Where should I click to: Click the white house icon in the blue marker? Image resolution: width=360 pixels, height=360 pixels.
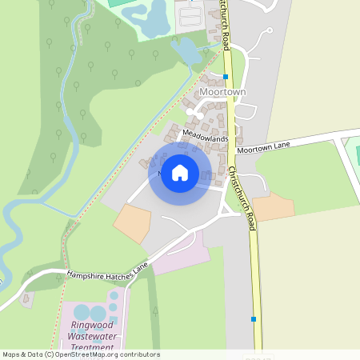(180, 172)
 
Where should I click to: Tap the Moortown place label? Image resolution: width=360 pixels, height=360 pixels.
(224, 92)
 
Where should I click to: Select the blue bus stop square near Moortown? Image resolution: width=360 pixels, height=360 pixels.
(226, 77)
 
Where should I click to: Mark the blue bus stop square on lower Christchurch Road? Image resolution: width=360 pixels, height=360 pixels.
(254, 319)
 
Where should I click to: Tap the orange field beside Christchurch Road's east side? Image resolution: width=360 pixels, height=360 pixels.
(274, 206)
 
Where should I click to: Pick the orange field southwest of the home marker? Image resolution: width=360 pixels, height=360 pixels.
(132, 223)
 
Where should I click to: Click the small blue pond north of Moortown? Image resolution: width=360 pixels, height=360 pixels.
(186, 52)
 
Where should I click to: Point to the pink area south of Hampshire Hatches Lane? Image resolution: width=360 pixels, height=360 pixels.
(180, 256)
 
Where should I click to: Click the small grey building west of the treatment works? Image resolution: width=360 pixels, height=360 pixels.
(27, 300)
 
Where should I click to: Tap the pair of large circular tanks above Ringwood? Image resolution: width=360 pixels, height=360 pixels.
(89, 313)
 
